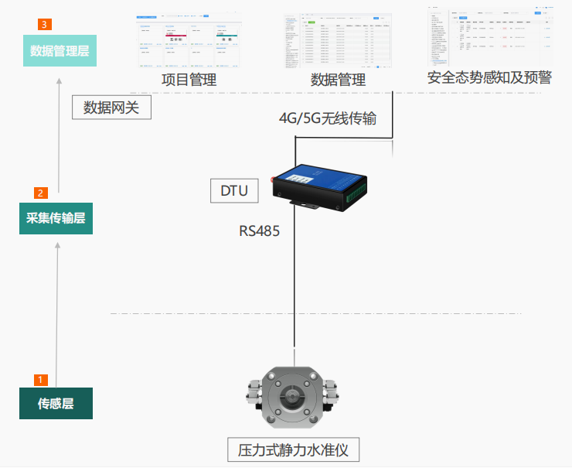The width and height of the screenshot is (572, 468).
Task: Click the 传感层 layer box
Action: click(56, 403)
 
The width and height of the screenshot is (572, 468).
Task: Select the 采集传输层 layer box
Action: click(56, 219)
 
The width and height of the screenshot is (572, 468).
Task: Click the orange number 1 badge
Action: click(41, 380)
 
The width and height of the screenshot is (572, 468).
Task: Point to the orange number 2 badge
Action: click(41, 193)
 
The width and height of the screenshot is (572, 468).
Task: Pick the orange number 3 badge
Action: click(44, 25)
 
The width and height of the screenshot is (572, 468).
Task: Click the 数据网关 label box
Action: click(111, 107)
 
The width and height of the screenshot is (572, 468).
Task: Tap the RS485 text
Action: click(259, 231)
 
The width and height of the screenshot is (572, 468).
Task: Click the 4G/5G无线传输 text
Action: click(328, 118)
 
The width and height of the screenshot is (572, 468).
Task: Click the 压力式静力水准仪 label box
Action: click(295, 449)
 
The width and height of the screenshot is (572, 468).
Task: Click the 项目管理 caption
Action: click(188, 79)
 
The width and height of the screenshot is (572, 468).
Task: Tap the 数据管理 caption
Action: click(337, 79)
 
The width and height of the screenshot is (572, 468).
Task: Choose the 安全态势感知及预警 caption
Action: click(490, 77)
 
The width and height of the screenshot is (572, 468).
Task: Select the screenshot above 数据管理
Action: click(337, 38)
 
